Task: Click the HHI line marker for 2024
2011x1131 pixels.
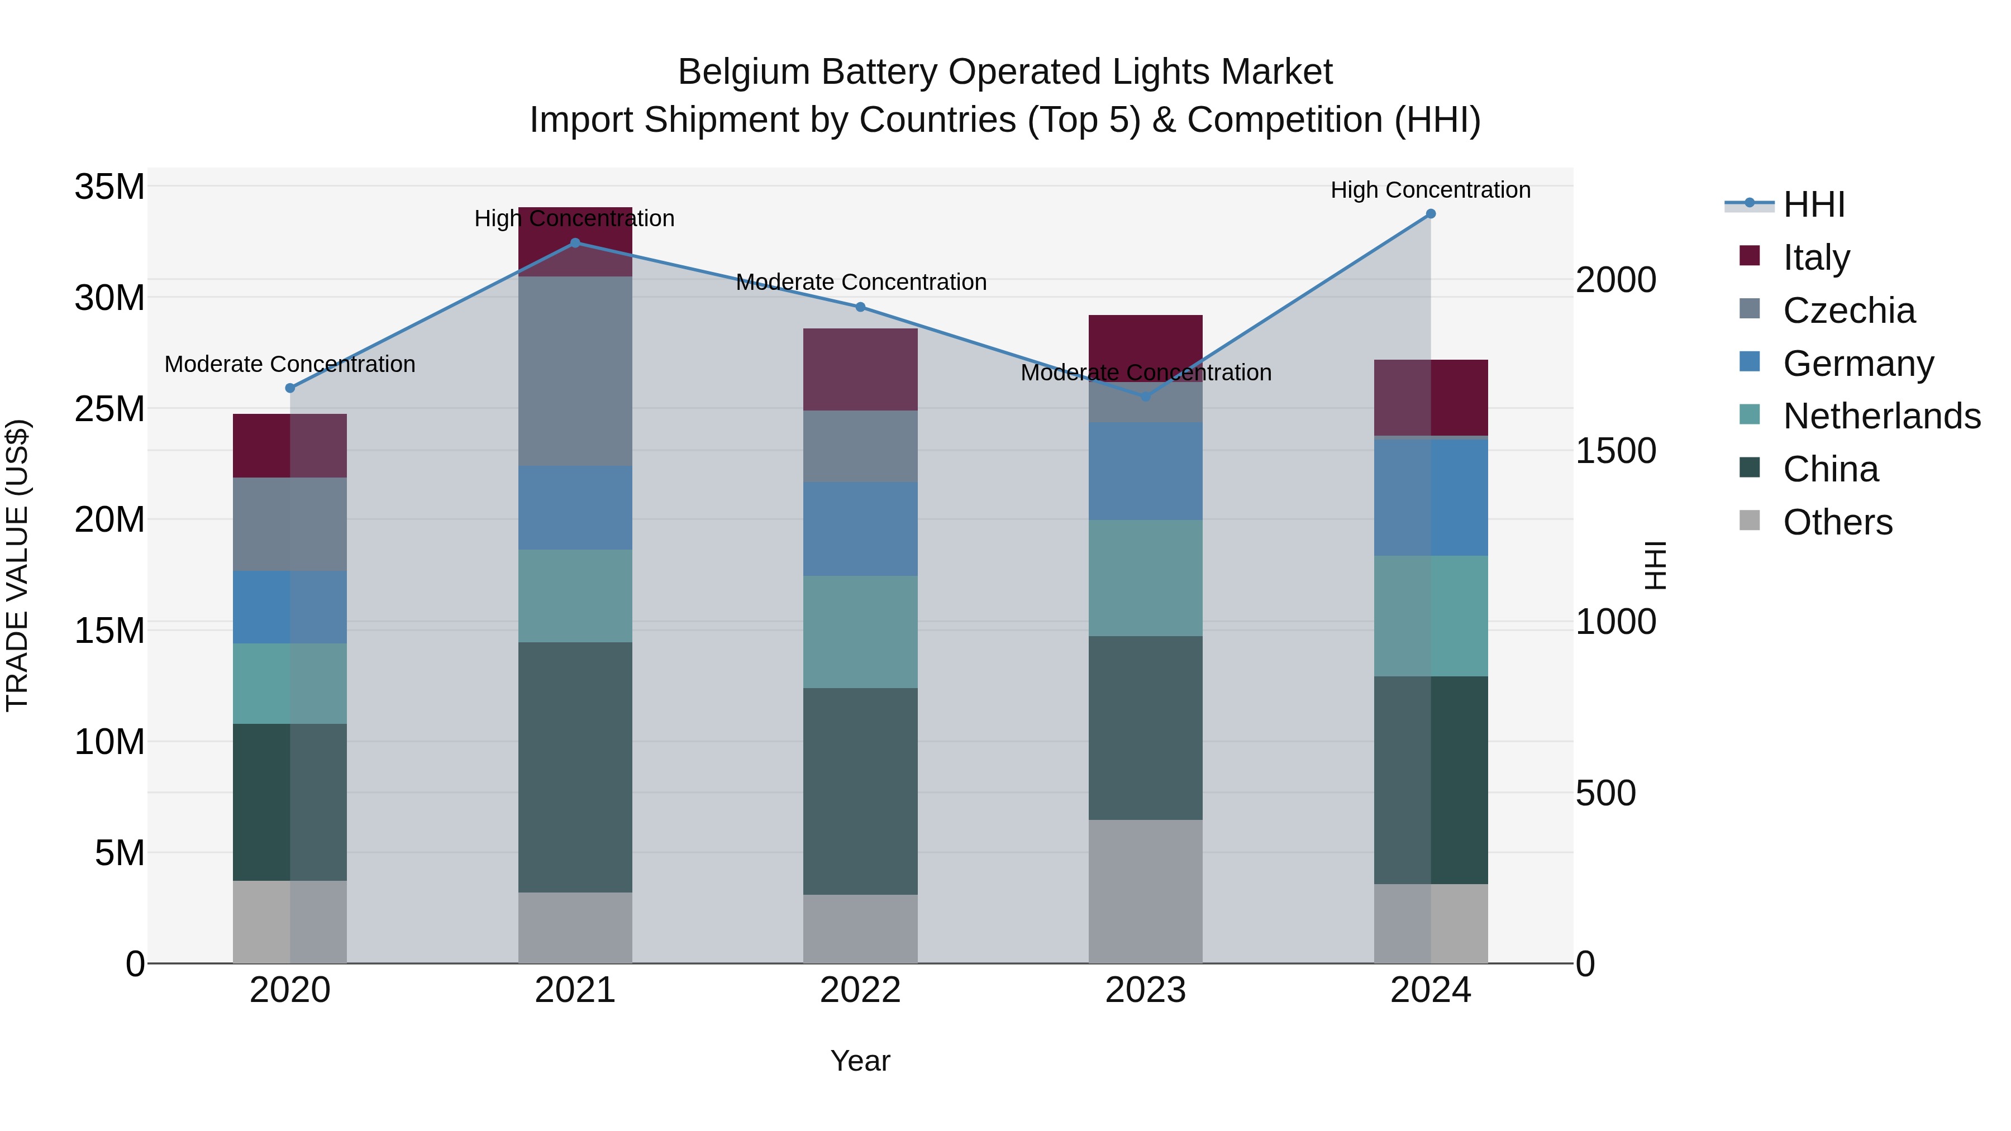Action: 1430,214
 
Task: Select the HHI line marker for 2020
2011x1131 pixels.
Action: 289,388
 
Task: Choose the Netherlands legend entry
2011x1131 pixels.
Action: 1881,416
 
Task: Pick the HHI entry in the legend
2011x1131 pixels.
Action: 1813,204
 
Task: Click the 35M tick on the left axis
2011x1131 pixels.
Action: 109,187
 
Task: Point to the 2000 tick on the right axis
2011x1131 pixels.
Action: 1615,280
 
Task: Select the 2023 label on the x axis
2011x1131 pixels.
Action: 1145,990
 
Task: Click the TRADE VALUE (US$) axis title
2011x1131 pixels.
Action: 17,565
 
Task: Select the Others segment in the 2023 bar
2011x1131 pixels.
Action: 1145,891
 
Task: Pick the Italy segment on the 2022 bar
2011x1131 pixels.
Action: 860,369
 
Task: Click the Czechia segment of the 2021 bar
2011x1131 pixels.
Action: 575,371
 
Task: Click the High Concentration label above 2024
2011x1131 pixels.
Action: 1430,190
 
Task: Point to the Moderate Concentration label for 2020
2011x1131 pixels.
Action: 289,365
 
